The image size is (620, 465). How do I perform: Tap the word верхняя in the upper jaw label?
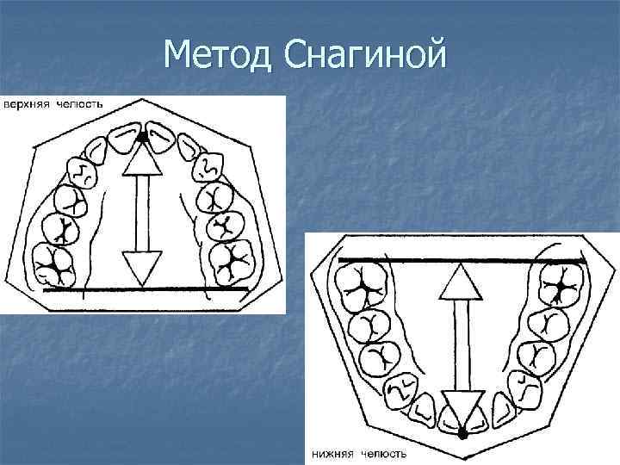[x=28, y=104]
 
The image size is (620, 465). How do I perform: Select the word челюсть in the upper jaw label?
[x=80, y=104]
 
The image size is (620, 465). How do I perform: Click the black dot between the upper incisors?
[x=142, y=137]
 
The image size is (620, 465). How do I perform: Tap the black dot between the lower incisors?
[x=463, y=433]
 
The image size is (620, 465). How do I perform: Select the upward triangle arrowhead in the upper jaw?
[x=143, y=159]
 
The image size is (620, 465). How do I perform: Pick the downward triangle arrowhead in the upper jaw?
[x=142, y=262]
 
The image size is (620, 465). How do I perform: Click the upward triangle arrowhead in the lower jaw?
[x=463, y=280]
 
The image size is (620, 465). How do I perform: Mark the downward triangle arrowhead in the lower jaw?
[x=463, y=404]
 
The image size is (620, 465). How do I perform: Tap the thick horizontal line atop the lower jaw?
[x=462, y=259]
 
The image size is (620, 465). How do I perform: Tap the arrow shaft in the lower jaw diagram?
[x=463, y=344]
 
